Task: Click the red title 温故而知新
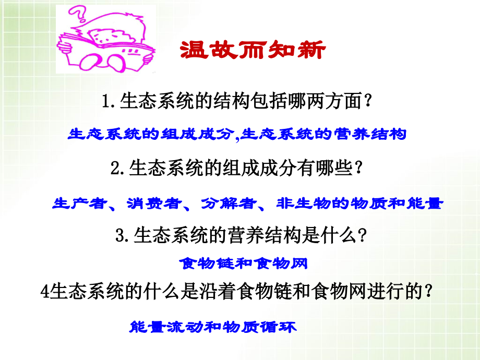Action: click(253, 51)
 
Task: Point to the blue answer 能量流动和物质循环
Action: click(212, 328)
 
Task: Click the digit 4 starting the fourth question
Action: click(44, 292)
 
